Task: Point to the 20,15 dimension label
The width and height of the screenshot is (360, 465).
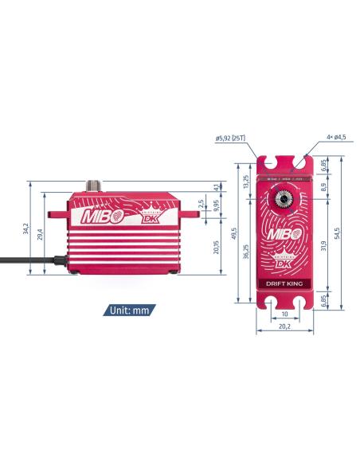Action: coord(216,247)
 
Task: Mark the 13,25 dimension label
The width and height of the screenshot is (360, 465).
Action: coord(246,184)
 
